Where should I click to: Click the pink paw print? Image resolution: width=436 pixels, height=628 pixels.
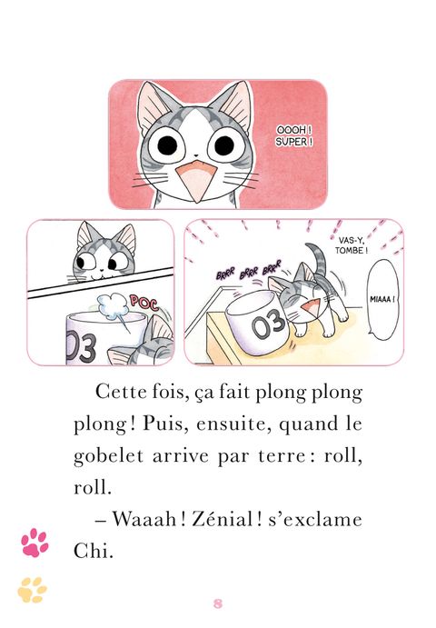tap(35, 543)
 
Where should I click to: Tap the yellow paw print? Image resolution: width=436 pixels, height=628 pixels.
tap(32, 590)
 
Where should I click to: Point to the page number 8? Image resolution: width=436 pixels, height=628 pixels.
tap(218, 603)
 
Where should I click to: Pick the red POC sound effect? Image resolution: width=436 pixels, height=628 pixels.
tap(144, 304)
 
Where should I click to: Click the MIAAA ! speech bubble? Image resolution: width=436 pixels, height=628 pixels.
tap(383, 300)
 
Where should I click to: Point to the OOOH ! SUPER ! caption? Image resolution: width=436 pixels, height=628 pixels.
tap(294, 135)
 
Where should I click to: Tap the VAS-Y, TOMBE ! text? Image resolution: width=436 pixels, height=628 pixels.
tap(352, 245)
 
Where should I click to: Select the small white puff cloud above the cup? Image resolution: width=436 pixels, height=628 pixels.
tap(113, 307)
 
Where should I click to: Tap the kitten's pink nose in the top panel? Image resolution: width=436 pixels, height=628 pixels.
tap(196, 155)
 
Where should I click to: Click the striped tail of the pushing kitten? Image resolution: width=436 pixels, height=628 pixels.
tap(318, 257)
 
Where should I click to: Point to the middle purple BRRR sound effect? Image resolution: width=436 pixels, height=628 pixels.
tap(249, 273)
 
